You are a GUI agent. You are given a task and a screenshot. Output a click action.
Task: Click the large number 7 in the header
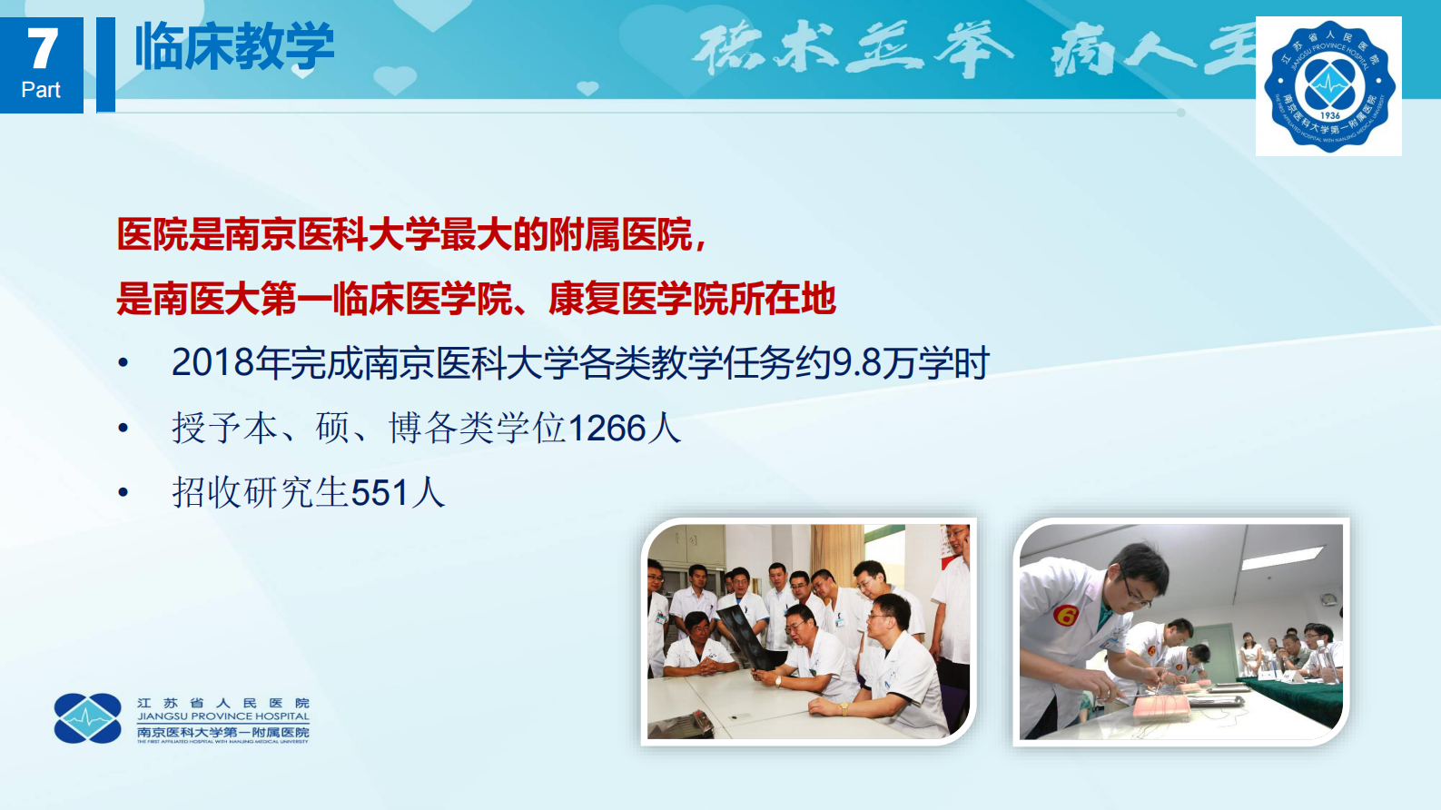(x=42, y=48)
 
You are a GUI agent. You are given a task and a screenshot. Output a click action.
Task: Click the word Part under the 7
(x=41, y=90)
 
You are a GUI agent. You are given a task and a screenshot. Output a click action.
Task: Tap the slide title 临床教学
(x=234, y=47)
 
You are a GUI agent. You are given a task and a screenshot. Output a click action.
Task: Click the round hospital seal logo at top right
(x=1329, y=86)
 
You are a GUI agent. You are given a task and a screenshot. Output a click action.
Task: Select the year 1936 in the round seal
(x=1330, y=115)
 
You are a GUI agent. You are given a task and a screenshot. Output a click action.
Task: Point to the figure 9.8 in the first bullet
(x=857, y=363)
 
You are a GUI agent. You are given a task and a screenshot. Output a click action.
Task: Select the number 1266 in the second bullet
(x=607, y=429)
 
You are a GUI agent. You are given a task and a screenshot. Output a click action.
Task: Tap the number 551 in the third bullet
(x=380, y=493)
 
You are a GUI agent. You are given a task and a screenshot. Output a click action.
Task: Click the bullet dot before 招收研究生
(x=123, y=493)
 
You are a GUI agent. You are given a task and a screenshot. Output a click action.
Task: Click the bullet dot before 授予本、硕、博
(x=123, y=429)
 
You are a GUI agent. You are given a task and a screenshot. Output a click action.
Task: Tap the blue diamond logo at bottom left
(x=87, y=718)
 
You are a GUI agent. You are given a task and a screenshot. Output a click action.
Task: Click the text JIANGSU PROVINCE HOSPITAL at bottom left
(x=223, y=716)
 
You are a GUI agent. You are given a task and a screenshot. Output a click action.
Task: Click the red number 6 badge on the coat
(x=1065, y=617)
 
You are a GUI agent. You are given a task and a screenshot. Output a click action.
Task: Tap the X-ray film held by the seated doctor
(x=746, y=632)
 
